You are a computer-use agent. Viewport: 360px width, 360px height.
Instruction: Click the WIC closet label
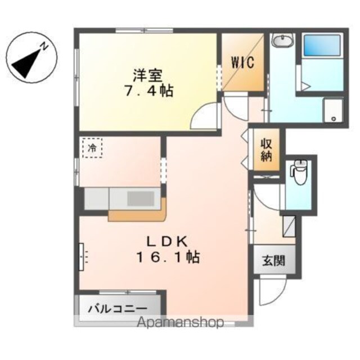(x=242, y=62)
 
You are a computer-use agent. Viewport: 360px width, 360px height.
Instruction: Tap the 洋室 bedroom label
(x=148, y=75)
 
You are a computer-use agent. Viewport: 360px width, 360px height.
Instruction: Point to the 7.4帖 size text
(x=148, y=91)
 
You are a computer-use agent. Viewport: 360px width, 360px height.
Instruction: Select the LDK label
(x=167, y=241)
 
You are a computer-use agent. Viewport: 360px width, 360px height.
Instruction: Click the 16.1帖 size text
(x=168, y=256)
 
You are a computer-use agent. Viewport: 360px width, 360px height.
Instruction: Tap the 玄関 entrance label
(x=274, y=261)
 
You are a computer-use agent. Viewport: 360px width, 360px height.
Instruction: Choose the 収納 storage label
(x=266, y=150)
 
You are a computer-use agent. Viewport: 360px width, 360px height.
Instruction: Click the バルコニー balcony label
(x=118, y=309)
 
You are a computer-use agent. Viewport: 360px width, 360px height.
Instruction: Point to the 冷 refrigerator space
(x=92, y=148)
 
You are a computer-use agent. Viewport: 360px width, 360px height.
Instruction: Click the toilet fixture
(x=300, y=172)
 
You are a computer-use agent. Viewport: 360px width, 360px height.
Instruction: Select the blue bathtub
(x=322, y=46)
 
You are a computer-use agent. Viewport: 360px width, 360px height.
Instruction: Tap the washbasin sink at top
(x=282, y=40)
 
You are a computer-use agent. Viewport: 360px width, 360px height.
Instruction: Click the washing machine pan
(x=333, y=110)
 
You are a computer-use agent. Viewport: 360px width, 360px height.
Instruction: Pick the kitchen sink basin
(x=141, y=199)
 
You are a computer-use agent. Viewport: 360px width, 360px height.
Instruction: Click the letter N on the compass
(x=44, y=46)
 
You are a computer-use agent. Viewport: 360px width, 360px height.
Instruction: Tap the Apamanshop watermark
(x=180, y=322)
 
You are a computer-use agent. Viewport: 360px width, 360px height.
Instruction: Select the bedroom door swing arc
(x=201, y=114)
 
